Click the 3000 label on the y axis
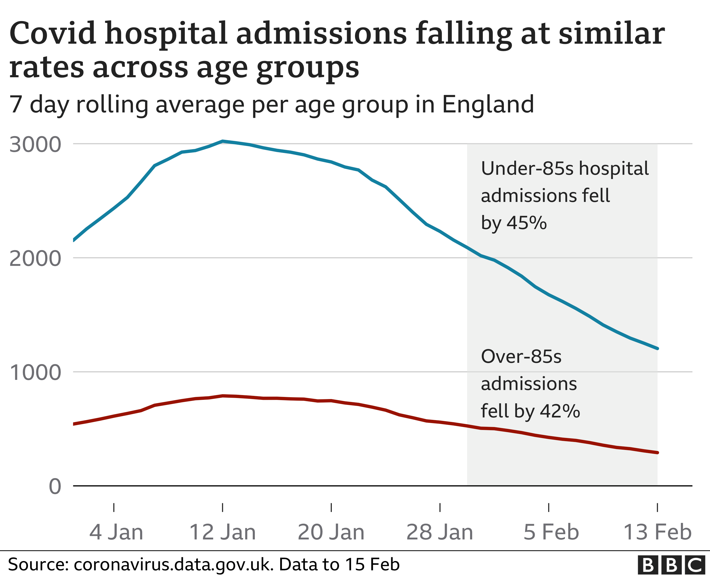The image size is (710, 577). (x=35, y=145)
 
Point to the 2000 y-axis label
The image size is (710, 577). (x=35, y=259)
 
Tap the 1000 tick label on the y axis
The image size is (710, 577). (x=35, y=373)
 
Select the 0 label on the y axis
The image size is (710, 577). (x=55, y=487)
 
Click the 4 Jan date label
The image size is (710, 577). (x=116, y=532)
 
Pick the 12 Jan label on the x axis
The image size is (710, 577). (x=222, y=532)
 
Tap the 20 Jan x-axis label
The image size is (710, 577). (x=331, y=532)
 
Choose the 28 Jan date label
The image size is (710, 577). (x=439, y=532)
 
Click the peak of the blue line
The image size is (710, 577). (x=223, y=141)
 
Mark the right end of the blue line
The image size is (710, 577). (x=657, y=349)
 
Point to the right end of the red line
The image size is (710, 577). (x=657, y=453)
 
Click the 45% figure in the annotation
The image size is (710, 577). (x=527, y=223)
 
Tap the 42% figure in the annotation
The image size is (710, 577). (x=560, y=411)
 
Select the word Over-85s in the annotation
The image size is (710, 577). (x=521, y=357)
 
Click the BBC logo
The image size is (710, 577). (x=671, y=565)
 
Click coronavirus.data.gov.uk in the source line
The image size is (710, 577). (x=172, y=565)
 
